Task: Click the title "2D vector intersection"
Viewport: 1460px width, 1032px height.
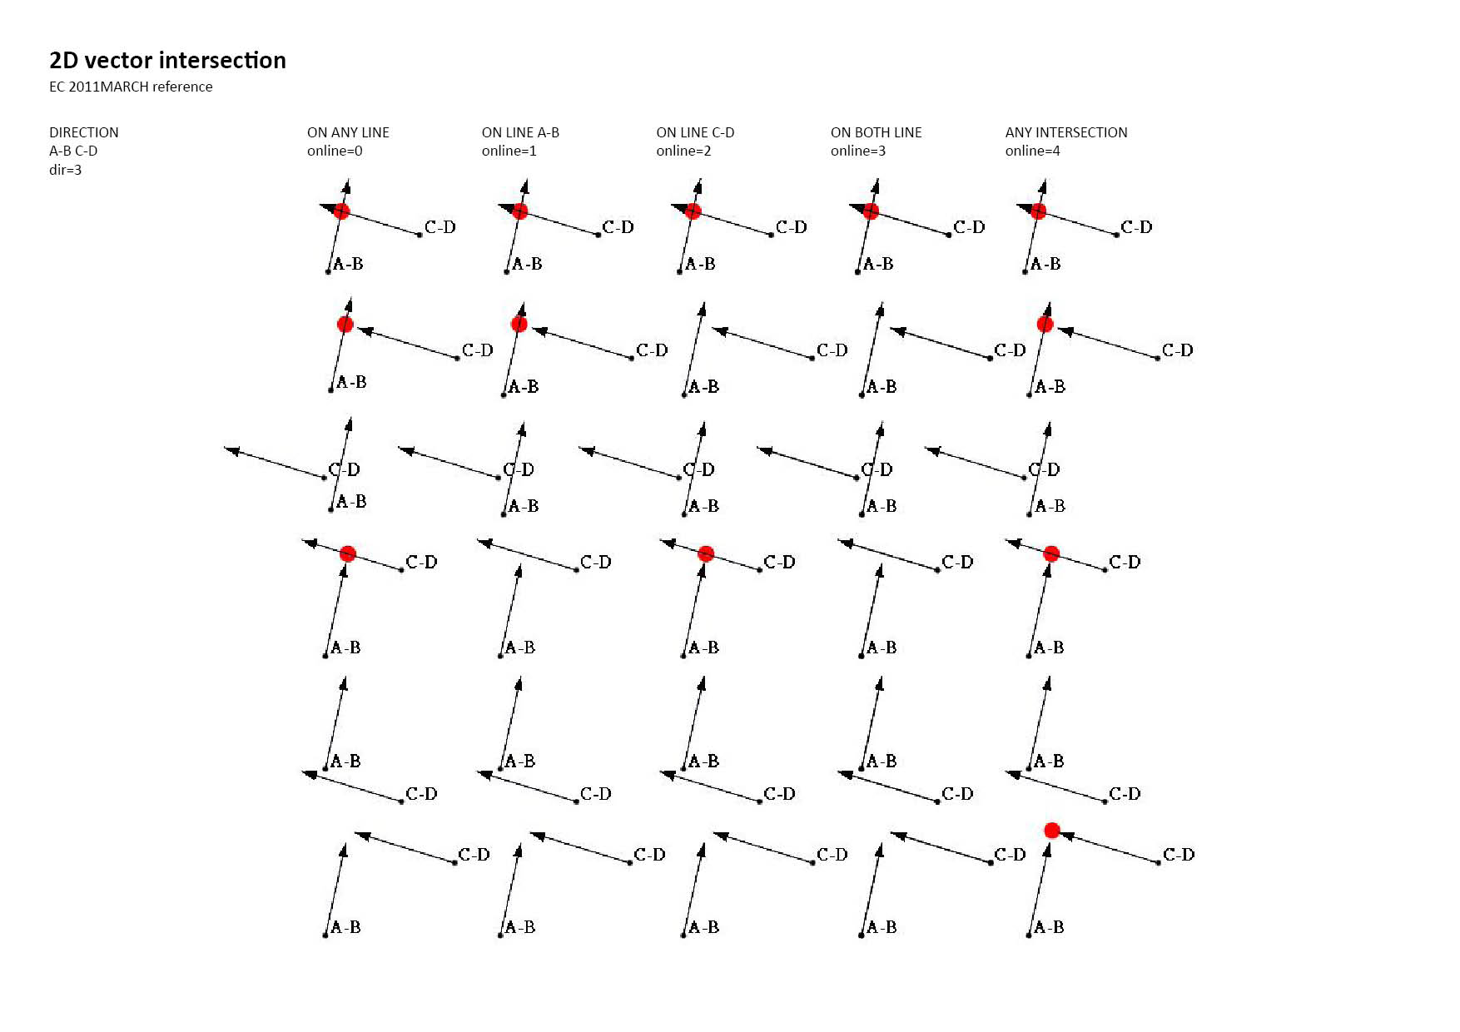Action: point(167,60)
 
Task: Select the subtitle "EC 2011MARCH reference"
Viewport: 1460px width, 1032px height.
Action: point(131,87)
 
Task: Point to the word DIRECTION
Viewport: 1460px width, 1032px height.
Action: point(84,132)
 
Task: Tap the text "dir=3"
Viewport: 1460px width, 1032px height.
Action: point(66,170)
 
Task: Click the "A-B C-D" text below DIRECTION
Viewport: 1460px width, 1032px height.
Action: point(73,151)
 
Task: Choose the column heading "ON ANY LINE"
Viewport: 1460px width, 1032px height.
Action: point(348,132)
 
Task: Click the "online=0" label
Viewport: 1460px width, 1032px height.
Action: point(335,151)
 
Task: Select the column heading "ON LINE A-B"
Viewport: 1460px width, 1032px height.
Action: point(520,132)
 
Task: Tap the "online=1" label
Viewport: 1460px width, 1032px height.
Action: point(509,151)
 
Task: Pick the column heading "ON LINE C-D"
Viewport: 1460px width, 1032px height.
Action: point(695,132)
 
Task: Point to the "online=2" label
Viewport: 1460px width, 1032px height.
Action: point(684,151)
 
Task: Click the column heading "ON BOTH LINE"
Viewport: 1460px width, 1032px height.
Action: point(876,132)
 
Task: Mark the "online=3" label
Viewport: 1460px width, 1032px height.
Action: point(858,151)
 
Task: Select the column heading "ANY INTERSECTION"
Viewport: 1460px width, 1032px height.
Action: point(1066,132)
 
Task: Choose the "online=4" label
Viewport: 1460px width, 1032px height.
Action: point(1033,151)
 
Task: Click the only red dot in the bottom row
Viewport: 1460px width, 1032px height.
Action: point(1052,830)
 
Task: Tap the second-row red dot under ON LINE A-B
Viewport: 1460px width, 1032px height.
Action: point(519,324)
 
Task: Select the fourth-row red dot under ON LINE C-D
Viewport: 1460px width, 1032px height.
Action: point(706,553)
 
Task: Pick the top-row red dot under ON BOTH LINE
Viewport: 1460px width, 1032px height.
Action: point(871,211)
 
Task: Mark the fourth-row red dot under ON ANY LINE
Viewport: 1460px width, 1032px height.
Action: point(348,553)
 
